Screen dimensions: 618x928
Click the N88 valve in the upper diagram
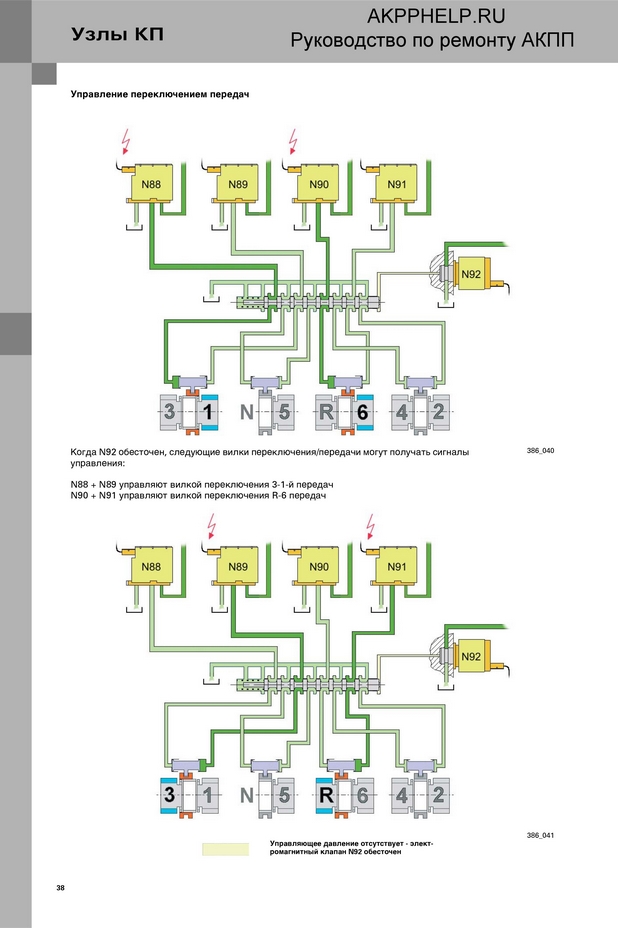click(151, 184)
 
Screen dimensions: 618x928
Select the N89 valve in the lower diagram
click(238, 566)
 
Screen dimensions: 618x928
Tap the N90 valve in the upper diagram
click(319, 184)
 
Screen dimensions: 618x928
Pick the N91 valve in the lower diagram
click(397, 566)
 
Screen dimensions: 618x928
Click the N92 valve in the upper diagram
click(471, 274)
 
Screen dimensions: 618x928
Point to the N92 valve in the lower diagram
click(471, 656)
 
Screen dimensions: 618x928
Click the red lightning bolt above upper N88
click(125, 141)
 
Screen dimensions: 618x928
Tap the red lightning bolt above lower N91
click(371, 526)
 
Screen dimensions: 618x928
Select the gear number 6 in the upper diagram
click(362, 412)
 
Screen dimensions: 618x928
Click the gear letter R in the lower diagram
click(326, 794)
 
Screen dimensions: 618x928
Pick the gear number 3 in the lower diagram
click(170, 794)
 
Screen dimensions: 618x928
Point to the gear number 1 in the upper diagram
click(208, 412)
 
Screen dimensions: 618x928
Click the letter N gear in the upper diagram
click(247, 412)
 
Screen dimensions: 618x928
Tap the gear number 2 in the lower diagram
click(438, 794)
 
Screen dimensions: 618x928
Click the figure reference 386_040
click(540, 451)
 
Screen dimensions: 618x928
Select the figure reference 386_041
click(540, 836)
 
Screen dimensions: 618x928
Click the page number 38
click(60, 888)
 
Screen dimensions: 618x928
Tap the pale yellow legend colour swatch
click(226, 849)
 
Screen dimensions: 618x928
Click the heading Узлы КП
click(117, 34)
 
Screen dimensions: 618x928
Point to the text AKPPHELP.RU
click(436, 16)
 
